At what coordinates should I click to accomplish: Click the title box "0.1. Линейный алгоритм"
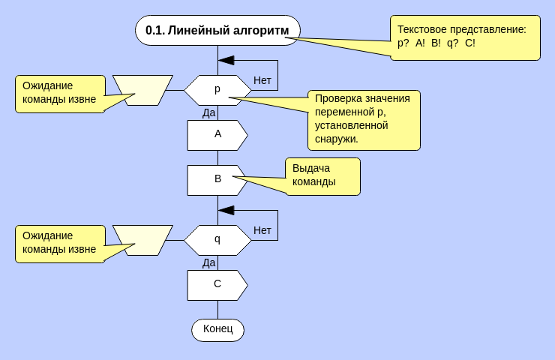tap(217, 30)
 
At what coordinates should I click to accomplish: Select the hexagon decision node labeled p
tap(217, 90)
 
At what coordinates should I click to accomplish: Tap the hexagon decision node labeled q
tap(217, 240)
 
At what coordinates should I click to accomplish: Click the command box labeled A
tap(217, 135)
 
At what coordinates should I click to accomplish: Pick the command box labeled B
tap(217, 180)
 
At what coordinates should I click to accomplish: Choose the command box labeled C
tap(217, 285)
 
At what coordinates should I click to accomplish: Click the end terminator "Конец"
tap(217, 329)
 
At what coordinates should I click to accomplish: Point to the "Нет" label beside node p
tap(262, 80)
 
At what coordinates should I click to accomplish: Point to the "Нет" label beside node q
tap(262, 230)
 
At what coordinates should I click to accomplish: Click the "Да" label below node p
tap(208, 112)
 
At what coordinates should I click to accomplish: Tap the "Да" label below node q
tap(208, 262)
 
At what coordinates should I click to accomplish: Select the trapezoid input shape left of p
tap(142, 90)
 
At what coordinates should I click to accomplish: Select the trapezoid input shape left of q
tap(142, 240)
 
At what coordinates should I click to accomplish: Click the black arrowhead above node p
tap(226, 60)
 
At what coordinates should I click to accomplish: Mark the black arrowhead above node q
tap(226, 210)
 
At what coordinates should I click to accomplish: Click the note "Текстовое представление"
tap(465, 37)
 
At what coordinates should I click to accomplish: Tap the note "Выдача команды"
tap(322, 176)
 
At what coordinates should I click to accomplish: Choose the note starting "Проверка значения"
tap(364, 120)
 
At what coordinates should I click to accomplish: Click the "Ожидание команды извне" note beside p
tap(60, 94)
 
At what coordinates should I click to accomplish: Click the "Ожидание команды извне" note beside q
tap(60, 244)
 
